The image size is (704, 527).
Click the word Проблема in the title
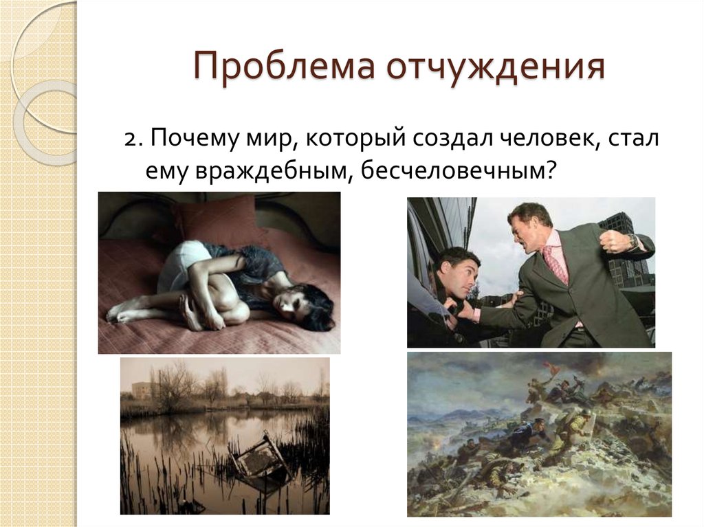[x=284, y=67]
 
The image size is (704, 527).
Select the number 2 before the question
[x=131, y=139]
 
